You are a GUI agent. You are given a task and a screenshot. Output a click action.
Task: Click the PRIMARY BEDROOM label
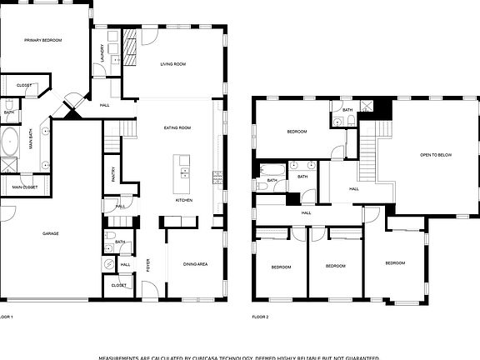coord(43,39)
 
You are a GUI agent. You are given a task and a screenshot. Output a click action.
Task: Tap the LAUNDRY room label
coord(102,54)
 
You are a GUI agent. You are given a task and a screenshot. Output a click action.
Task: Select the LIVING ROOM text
coord(172,63)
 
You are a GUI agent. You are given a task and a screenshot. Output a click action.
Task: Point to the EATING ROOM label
coord(179,127)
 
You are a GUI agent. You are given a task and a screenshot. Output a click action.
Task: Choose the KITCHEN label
coord(184,200)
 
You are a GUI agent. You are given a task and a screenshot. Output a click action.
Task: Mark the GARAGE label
coord(51,233)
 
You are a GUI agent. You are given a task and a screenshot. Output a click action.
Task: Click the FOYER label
coord(148,266)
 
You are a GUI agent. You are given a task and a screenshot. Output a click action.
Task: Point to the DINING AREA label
coord(195,264)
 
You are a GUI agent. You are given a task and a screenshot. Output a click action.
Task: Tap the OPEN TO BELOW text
coord(436,154)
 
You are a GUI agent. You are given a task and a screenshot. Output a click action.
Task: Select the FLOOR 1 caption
coord(7,317)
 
